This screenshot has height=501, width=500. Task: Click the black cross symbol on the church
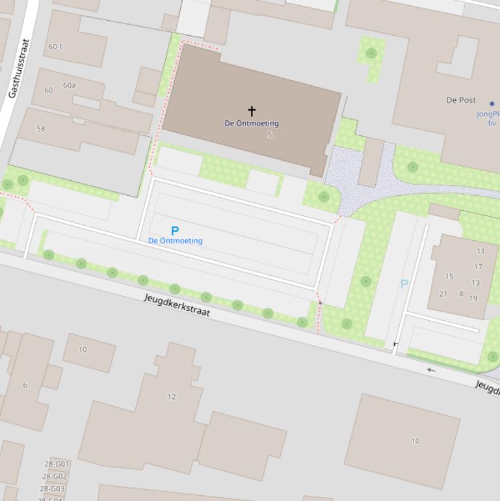252,111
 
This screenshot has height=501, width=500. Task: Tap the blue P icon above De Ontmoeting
175,230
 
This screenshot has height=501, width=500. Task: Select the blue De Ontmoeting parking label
175,241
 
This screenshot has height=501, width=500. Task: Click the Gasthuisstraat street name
20,68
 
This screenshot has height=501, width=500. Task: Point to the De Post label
460,100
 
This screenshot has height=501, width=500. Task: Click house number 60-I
56,47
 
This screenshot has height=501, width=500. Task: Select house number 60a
69,85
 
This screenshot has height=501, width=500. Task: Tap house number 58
41,129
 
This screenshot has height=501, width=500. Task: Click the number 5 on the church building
270,135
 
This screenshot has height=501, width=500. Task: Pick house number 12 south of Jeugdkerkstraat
172,397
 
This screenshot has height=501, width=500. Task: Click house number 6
25,385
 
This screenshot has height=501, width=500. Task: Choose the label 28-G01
57,464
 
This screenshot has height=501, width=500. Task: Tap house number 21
443,294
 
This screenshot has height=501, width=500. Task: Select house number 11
480,251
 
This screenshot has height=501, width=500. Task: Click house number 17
478,267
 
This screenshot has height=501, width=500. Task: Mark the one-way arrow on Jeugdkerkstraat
431,370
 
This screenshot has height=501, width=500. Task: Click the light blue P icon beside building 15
404,284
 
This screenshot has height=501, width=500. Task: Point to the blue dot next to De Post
492,103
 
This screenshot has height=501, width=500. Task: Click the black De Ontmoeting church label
252,123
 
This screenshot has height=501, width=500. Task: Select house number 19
473,299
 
